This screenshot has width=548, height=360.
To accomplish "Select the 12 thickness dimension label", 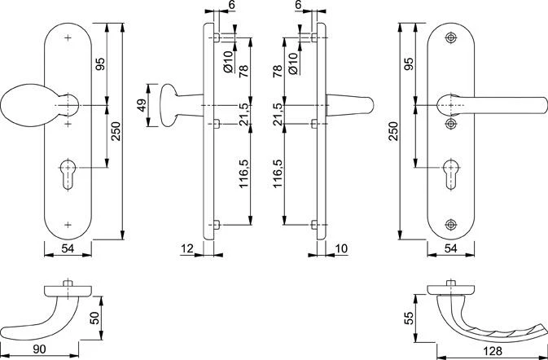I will [186, 248].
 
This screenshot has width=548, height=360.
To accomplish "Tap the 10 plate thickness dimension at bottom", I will [340, 248].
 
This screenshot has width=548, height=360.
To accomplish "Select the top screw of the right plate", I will [453, 38].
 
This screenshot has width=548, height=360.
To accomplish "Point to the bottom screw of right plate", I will [453, 224].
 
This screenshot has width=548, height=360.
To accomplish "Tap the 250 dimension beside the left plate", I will [116, 130].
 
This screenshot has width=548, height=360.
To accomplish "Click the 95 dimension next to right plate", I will [410, 65].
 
